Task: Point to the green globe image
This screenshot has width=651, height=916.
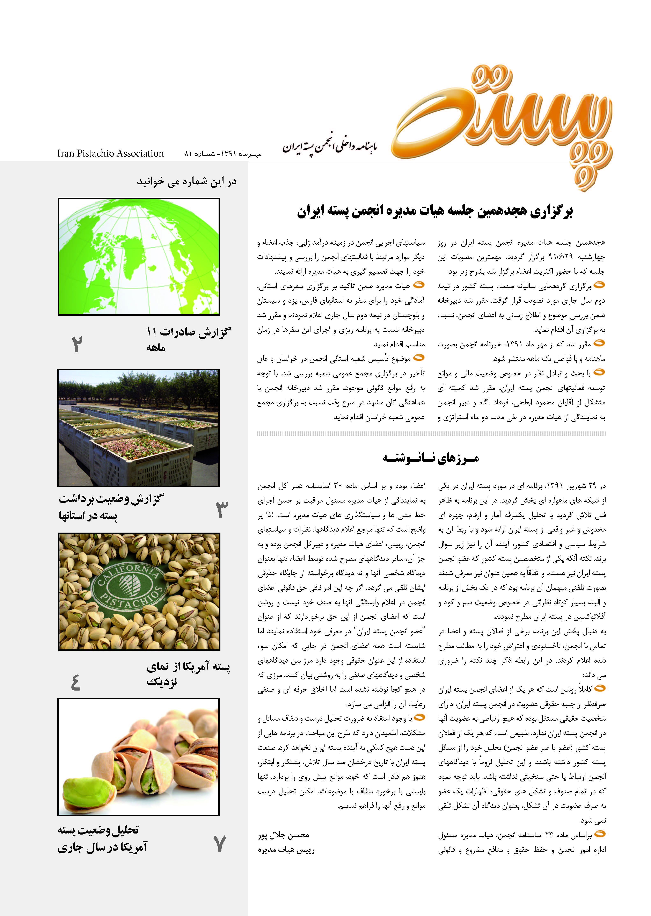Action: (139, 257)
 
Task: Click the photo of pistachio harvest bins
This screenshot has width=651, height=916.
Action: (139, 427)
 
